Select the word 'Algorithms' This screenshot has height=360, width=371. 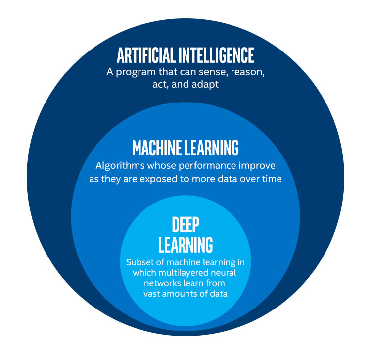coord(119,165)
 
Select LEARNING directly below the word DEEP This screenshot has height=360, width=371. coord(185,244)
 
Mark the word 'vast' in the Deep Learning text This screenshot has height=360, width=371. coord(152,294)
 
